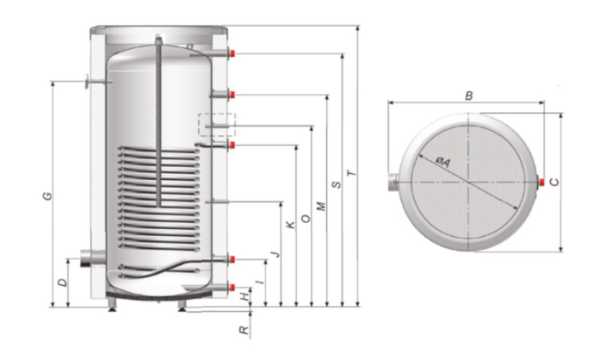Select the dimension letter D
(62, 282)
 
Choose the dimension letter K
(291, 224)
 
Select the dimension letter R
(244, 328)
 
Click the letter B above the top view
(468, 96)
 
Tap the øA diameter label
(442, 162)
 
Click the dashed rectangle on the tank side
(215, 126)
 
